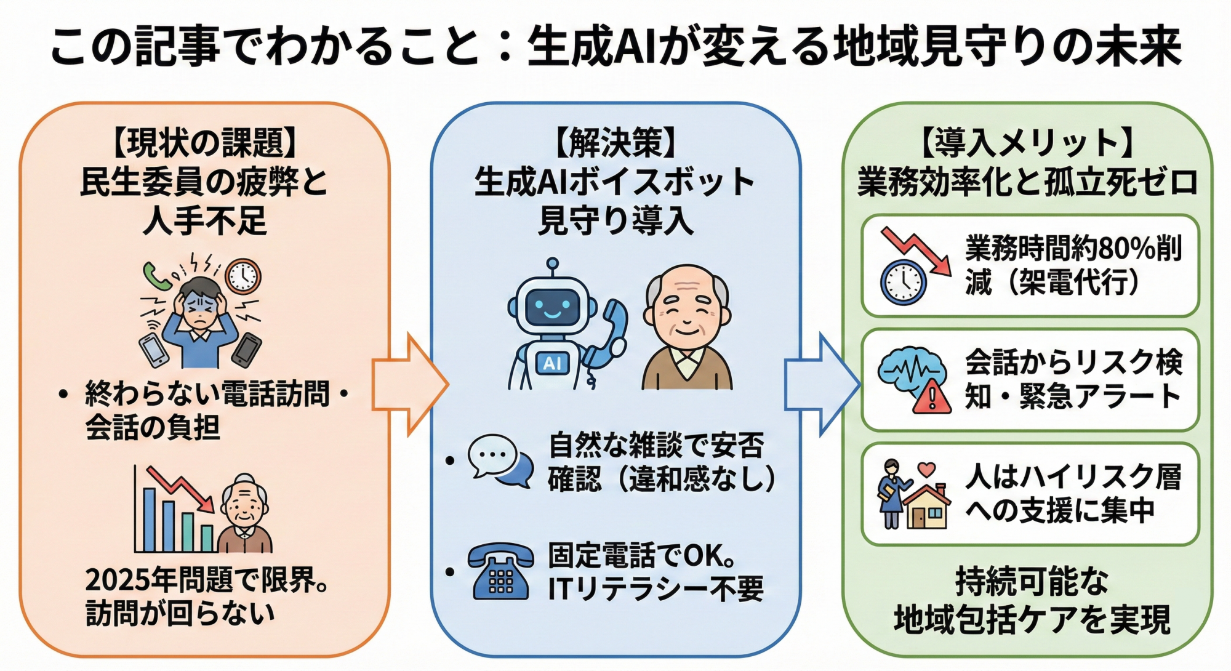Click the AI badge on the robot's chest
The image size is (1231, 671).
click(552, 363)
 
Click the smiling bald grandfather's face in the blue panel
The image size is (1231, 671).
click(687, 311)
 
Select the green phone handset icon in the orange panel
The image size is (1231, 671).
click(156, 276)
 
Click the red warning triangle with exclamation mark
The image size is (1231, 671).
click(932, 397)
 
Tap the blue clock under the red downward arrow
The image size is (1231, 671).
click(903, 282)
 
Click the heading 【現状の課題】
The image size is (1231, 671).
click(204, 143)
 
